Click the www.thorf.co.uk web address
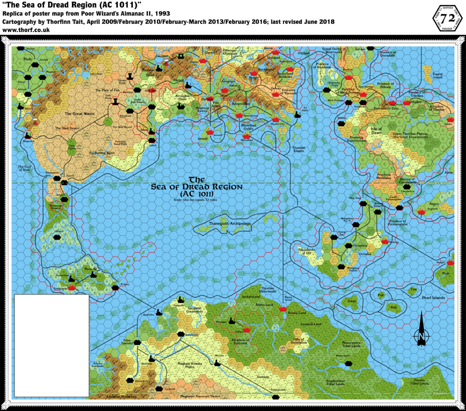[26, 30]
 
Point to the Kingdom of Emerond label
[240, 341]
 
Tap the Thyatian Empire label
[299, 149]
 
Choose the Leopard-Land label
[311, 324]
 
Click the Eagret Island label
[438, 76]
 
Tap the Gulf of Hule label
[24, 168]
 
